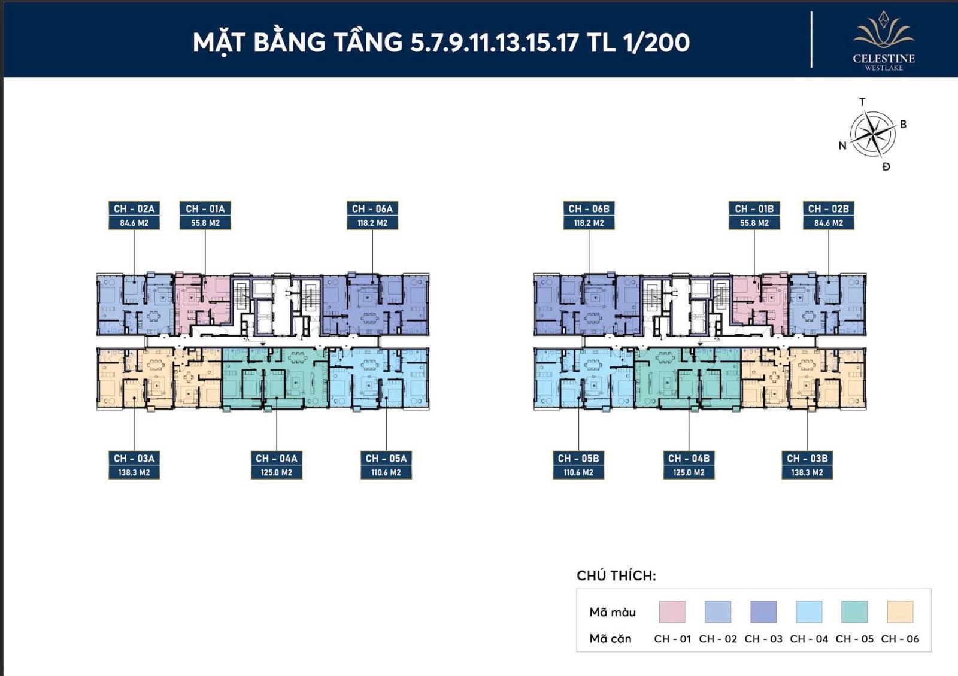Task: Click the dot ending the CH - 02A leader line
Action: (x=134, y=282)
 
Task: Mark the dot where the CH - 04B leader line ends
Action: (x=689, y=398)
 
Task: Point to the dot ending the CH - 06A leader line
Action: (x=372, y=282)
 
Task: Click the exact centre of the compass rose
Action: (x=872, y=134)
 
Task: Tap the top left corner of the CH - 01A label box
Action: (x=180, y=201)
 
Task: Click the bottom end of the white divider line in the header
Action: (x=811, y=67)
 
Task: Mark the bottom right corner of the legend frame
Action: (x=932, y=651)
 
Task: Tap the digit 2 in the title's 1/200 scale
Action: (x=650, y=43)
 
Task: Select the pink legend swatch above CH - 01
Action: (x=672, y=611)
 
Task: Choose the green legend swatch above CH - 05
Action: (x=854, y=611)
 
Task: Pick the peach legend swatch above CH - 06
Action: (x=900, y=611)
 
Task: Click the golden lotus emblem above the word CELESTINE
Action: (x=884, y=29)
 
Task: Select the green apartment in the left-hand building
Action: (x=275, y=378)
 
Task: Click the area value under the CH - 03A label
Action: (x=134, y=472)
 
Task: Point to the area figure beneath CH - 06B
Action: (x=589, y=223)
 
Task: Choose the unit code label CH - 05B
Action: (x=578, y=459)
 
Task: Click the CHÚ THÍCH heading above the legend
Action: (x=616, y=575)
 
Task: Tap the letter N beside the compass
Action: (x=842, y=146)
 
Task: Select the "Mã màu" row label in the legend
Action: (x=613, y=613)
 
